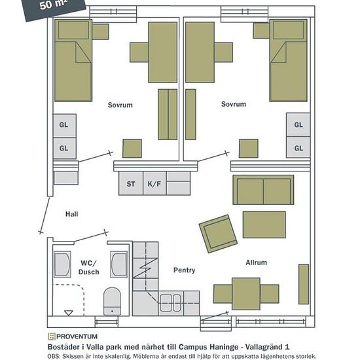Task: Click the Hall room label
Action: point(71,214)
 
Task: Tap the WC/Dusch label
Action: point(88,268)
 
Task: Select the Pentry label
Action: point(184,270)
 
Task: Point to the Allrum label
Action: point(256,262)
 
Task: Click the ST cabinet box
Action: point(131,183)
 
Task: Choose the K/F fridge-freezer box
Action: point(154,183)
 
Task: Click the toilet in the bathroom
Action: point(112,302)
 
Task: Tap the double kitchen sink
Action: point(170,303)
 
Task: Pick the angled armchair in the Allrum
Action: point(218,234)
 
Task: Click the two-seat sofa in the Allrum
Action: point(263,190)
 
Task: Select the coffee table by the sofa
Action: point(264,225)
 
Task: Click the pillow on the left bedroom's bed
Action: point(73,30)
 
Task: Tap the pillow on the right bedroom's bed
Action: point(289,30)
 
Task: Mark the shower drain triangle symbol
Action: point(69,313)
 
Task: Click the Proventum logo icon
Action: point(52,336)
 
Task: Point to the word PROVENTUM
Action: point(77,336)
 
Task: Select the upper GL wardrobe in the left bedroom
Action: point(65,126)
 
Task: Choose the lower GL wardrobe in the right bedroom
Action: point(298,147)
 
